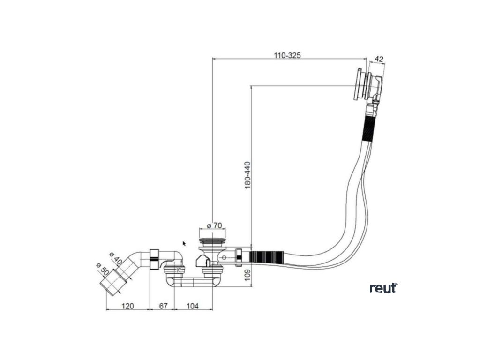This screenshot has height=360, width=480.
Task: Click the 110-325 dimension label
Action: point(287,55)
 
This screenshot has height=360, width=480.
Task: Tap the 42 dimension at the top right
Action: point(379,59)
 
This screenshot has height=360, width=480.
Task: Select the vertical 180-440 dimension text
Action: point(247,175)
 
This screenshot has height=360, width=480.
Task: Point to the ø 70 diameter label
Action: point(214,225)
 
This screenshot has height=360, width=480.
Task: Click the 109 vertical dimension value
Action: point(247,276)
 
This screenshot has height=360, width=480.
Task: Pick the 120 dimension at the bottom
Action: point(127,306)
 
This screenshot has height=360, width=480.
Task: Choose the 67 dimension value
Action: point(162,306)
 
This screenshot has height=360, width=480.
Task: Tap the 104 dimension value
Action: point(192,306)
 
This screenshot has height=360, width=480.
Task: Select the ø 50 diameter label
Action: point(102,271)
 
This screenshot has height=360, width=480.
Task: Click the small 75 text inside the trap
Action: point(179,271)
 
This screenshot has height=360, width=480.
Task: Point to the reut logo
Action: point(383,287)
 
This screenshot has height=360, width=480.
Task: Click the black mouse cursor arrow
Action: point(184,243)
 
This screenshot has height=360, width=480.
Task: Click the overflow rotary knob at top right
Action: point(360,84)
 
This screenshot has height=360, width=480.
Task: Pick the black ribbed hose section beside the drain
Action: point(266,257)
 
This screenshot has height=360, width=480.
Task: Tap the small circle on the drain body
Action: point(226,258)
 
